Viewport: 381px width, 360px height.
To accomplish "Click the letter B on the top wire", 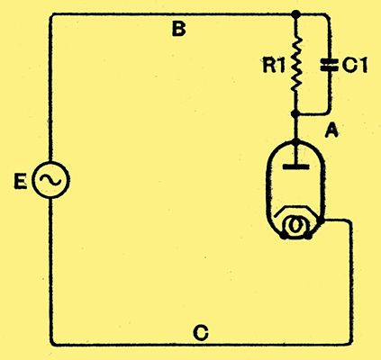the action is (179, 30).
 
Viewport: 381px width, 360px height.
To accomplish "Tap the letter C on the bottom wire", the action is (201, 332).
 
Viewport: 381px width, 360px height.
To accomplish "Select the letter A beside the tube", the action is (331, 130).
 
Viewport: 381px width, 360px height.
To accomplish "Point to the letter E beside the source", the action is (21, 182).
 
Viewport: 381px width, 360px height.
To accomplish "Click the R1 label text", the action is (273, 66).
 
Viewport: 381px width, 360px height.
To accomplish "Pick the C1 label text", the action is (354, 65).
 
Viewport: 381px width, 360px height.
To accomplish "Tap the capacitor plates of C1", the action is (330, 65).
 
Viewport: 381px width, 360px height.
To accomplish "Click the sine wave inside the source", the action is (50, 179).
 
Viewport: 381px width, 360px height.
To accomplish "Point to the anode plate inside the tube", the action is (296, 166).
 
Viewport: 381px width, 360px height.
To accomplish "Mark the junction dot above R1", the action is (296, 13).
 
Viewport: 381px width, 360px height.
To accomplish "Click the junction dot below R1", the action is (295, 114).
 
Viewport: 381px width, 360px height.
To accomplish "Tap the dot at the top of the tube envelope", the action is (296, 141).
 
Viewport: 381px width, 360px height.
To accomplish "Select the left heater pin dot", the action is (283, 236).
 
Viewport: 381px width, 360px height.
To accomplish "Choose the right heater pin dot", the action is (309, 236).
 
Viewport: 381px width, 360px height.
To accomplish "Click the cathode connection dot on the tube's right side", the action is (321, 221).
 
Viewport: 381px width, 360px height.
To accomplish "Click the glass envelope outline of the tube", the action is (267, 186).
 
